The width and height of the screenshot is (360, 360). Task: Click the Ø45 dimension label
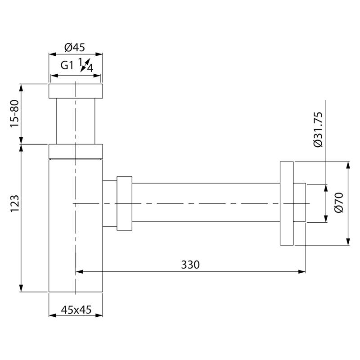75,47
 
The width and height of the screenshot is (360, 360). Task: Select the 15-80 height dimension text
14,114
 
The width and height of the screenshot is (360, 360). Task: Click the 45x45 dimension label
76,310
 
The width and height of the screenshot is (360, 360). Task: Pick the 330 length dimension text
190,265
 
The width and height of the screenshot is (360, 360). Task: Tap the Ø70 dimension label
339,203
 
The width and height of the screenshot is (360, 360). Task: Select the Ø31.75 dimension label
318,130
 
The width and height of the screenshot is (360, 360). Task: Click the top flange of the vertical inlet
76,91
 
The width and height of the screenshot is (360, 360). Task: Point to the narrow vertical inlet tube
76,121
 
